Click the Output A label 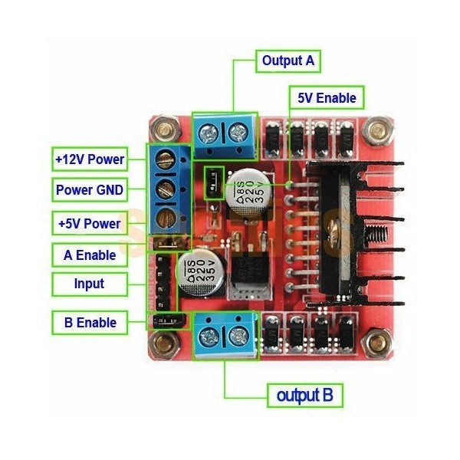click(287, 60)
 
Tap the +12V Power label click(90, 160)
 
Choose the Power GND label click(90, 189)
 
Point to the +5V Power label click(90, 224)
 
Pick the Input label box click(90, 284)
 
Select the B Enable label click(90, 322)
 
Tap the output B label click(304, 396)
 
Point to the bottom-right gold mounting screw click(376, 340)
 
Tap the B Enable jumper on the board click(164, 320)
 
